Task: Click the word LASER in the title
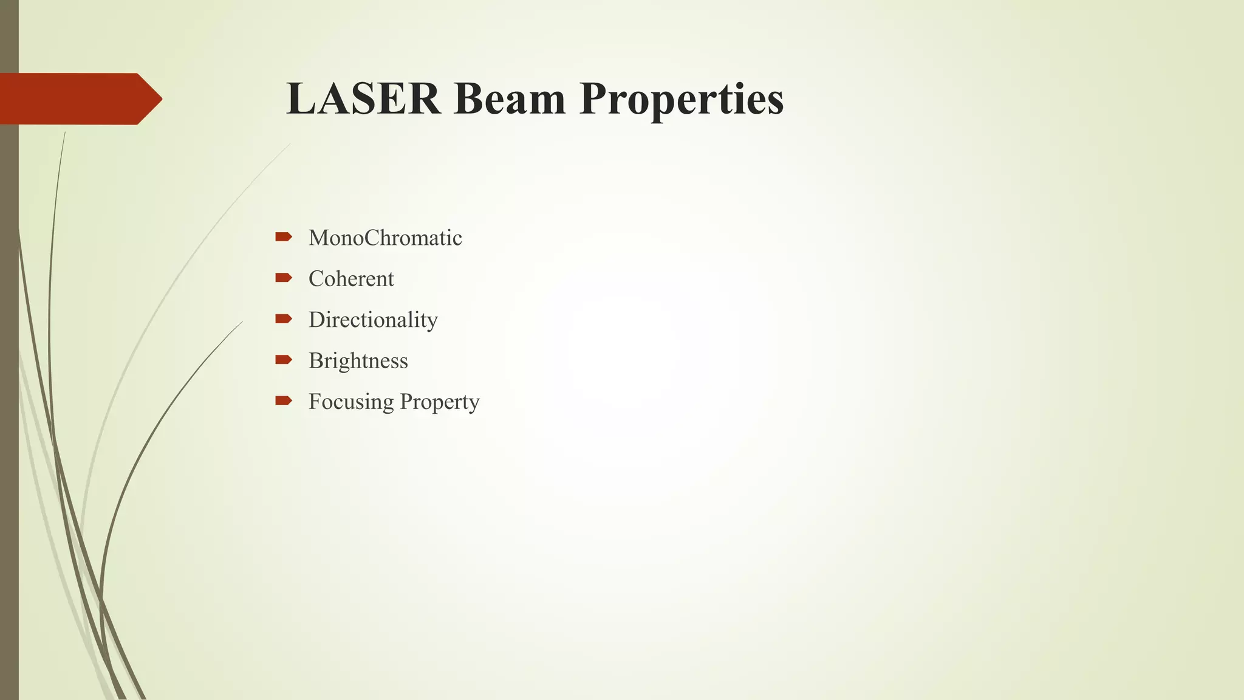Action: click(x=363, y=98)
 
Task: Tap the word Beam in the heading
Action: click(x=509, y=98)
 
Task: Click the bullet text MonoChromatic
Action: click(x=385, y=238)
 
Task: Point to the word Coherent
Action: click(x=351, y=279)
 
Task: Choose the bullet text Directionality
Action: click(x=373, y=320)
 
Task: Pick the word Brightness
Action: click(x=358, y=361)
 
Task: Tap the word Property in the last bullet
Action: click(x=440, y=402)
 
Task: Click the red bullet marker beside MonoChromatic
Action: click(x=284, y=237)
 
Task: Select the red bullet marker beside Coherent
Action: click(x=284, y=278)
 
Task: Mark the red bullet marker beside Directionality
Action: click(x=284, y=318)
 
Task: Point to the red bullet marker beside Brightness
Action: click(x=284, y=360)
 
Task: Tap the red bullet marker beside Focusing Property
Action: click(x=284, y=400)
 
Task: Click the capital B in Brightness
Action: click(x=315, y=361)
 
